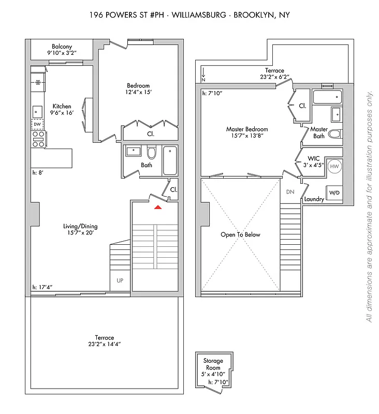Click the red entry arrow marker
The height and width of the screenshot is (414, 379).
[x=158, y=207]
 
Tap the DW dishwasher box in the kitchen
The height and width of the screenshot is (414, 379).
[x=37, y=124]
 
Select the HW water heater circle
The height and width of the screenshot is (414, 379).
[x=334, y=166]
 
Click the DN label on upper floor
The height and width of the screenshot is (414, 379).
[x=290, y=192]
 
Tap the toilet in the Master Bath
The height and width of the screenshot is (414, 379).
[x=335, y=135]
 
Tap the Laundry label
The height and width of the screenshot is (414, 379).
[x=314, y=199]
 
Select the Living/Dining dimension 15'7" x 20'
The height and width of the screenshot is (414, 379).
[x=80, y=233]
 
